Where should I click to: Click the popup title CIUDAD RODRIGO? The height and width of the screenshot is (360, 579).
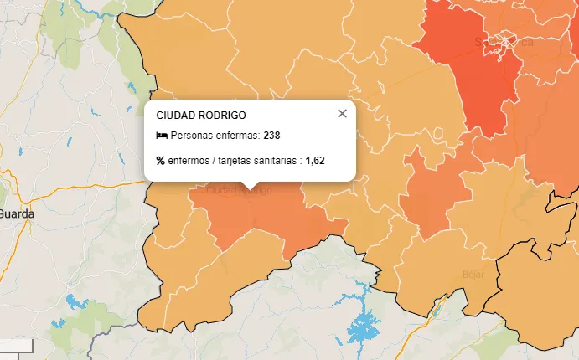click(201, 115)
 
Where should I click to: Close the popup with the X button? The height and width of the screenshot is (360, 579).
click(342, 114)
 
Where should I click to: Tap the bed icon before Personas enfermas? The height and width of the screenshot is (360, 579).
click(162, 136)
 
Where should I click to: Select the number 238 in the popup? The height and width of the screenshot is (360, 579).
click(271, 136)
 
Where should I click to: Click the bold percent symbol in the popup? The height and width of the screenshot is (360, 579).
click(160, 160)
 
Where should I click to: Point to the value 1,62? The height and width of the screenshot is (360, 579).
click(314, 160)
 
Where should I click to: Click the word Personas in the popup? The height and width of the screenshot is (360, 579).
click(192, 136)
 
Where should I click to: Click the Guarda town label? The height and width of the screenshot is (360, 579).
click(17, 213)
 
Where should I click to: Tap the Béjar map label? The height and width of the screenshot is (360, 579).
click(473, 274)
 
